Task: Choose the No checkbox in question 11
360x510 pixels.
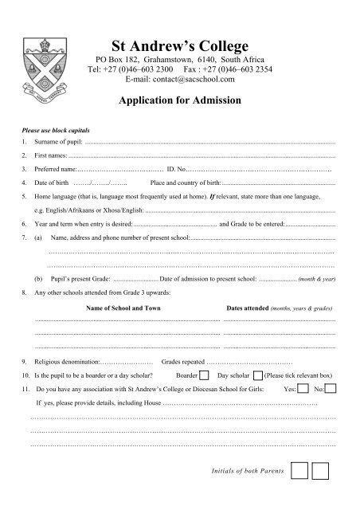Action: coord(331,389)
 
